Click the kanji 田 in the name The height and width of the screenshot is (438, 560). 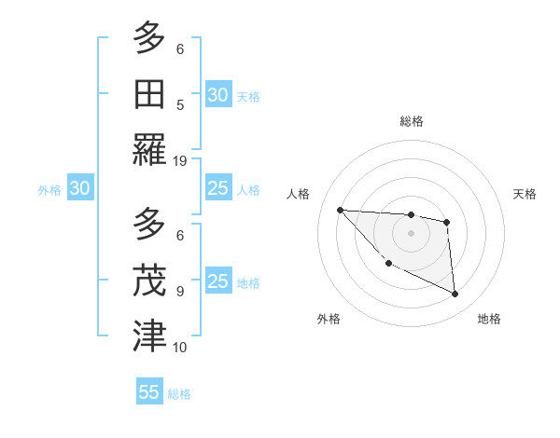149,95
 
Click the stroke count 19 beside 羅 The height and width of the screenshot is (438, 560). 180,161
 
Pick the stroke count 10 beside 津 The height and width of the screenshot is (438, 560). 180,348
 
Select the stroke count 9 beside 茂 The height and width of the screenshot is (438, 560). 180,291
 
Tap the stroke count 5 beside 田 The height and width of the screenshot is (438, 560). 180,105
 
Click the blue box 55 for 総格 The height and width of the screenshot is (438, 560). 149,392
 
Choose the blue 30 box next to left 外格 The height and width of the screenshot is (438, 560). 79,188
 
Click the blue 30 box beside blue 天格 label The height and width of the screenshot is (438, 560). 217,94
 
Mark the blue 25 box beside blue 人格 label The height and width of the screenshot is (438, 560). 217,188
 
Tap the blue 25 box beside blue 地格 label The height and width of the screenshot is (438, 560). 217,281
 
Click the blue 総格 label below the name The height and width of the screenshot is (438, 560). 179,394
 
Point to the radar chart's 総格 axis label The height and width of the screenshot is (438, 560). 412,121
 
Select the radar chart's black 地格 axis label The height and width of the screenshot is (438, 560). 489,319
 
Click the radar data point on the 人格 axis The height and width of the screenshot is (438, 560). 340,210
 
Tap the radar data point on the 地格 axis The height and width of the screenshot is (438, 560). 455,294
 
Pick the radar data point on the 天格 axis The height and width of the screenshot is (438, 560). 447,222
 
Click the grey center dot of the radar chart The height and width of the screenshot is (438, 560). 411,233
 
